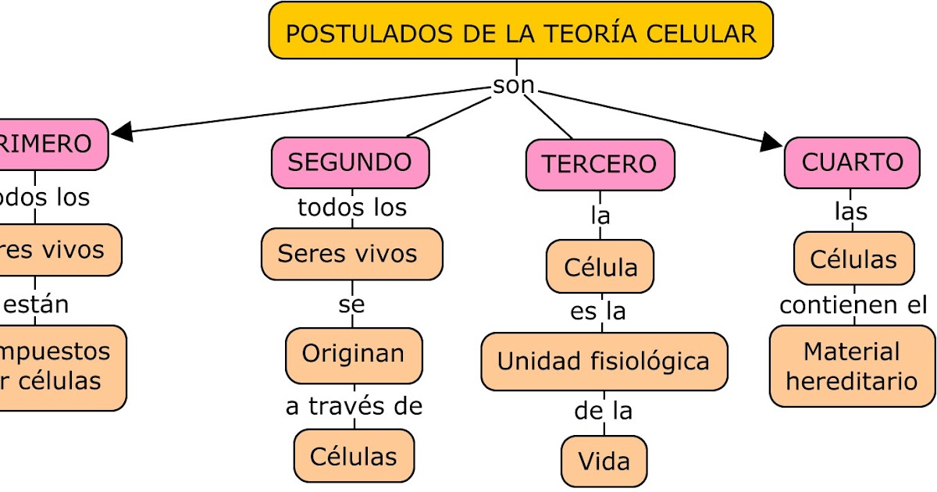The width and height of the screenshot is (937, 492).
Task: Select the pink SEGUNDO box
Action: tap(351, 162)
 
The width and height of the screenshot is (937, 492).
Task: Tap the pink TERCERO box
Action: tap(600, 165)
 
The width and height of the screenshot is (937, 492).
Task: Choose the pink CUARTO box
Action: tap(852, 162)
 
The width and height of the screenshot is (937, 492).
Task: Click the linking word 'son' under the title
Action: tap(514, 84)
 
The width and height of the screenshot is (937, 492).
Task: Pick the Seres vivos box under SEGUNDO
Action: tap(351, 254)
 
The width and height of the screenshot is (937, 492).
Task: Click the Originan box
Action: tap(354, 354)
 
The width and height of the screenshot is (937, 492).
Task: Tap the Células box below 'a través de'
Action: tap(354, 456)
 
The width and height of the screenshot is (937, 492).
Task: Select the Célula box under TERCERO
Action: tap(600, 267)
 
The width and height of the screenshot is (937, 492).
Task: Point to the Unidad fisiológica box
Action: tap(604, 362)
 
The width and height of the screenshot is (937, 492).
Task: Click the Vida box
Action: tap(604, 462)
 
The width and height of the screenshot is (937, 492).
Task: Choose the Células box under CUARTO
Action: tap(853, 258)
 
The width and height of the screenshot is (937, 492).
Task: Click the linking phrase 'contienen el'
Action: tap(853, 305)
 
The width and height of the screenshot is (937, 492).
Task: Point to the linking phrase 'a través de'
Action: tap(354, 406)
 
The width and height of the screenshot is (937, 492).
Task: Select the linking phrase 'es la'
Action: tap(598, 312)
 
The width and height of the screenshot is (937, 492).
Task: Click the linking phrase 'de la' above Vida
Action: tap(603, 411)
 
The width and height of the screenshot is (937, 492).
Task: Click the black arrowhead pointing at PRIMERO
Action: tap(122, 132)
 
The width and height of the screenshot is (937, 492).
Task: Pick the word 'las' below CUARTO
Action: tap(851, 212)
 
